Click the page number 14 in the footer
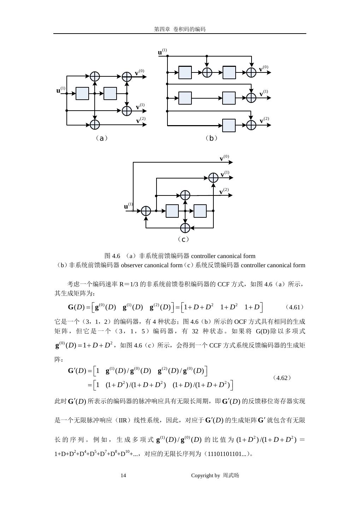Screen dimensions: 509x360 coord(123,475)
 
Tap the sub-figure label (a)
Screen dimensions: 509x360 coord(102,138)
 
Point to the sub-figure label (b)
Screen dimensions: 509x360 coord(211,138)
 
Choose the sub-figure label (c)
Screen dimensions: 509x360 coord(183,239)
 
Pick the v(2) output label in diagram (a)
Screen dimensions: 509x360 coord(141,121)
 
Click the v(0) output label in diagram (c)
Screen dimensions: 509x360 coord(224,158)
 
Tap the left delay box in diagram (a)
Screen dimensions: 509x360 coord(82,94)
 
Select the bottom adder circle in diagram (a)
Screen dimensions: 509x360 coord(95,124)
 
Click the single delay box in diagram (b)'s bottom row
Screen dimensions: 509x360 coord(229,125)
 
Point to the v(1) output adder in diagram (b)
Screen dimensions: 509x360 coord(251,98)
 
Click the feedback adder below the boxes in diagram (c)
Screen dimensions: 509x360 coord(185,228)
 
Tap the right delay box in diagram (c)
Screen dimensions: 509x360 coord(200,211)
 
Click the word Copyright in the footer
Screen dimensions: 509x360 coord(202,475)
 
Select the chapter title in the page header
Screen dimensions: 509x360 coord(180,29)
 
